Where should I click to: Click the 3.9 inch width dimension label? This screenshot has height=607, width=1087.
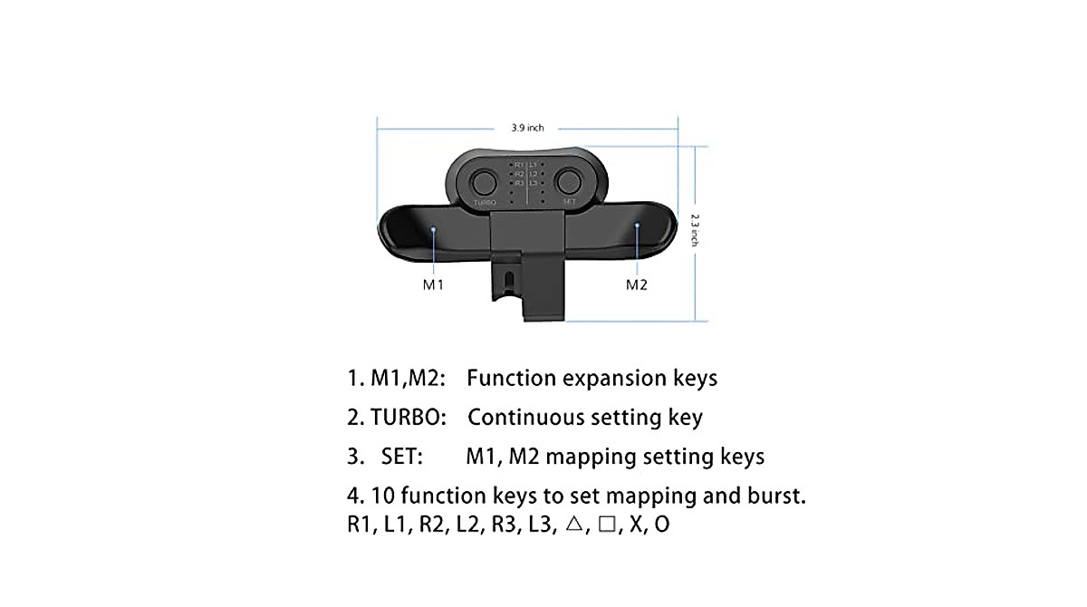point(527,128)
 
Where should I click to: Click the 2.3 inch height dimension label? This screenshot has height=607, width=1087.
point(694,230)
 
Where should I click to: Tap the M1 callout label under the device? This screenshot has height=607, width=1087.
point(433,285)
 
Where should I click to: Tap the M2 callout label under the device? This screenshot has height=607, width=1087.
point(637,285)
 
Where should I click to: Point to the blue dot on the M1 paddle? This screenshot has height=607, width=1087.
point(435,229)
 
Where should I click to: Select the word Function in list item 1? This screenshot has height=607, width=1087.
point(511,378)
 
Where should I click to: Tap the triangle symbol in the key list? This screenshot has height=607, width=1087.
point(570,525)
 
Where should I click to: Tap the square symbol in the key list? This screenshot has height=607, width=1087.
point(606,525)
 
